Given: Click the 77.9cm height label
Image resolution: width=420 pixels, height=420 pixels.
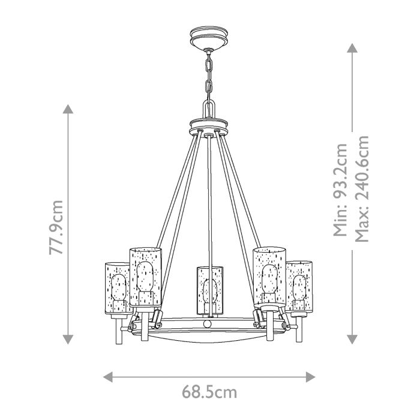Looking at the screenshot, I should pos(57,227).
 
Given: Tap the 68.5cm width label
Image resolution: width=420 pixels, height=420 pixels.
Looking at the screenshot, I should pos(209,393).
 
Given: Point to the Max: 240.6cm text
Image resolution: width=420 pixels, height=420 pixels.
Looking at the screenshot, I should pos(361,188).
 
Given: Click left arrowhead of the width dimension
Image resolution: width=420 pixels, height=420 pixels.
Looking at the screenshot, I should pos(109,376).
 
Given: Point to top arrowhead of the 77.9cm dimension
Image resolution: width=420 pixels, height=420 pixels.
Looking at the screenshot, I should pos(68,109).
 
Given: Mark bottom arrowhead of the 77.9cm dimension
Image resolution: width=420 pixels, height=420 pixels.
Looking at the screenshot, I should pos(68,339).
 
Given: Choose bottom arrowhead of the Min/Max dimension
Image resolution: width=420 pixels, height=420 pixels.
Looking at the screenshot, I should pos(351,339).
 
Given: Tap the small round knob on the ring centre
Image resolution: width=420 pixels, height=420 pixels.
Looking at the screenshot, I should pos(208,323).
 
